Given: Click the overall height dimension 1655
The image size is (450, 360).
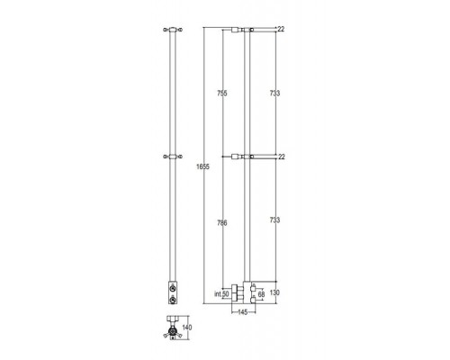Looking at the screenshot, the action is pos(202,166).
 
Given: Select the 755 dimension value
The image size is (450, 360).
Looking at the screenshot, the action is pos(222,94).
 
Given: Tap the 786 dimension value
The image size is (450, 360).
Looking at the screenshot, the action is pos(222,223).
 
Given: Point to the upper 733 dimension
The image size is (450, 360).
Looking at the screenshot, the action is pos(274,94).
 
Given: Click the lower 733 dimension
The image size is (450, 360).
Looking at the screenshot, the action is pos(274,220).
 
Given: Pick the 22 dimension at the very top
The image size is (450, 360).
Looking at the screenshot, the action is pos(281,29).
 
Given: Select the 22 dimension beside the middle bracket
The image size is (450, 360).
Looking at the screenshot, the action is pos(282,157).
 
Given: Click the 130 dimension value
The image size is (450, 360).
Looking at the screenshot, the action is pos(274,292).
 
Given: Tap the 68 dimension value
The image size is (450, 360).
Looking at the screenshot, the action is pos(261,294).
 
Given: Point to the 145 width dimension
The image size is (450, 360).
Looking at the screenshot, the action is pos(242,312).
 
